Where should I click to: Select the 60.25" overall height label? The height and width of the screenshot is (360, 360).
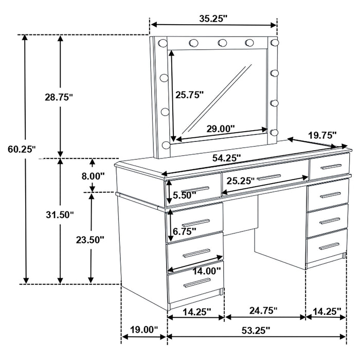22,150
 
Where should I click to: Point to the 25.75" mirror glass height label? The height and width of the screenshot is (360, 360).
190,95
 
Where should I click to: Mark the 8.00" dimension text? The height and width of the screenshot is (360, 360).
93,175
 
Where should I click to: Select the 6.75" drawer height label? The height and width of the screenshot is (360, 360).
185,231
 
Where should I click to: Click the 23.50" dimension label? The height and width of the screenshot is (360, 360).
91,239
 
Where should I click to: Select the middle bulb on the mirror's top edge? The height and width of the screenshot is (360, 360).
222,43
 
